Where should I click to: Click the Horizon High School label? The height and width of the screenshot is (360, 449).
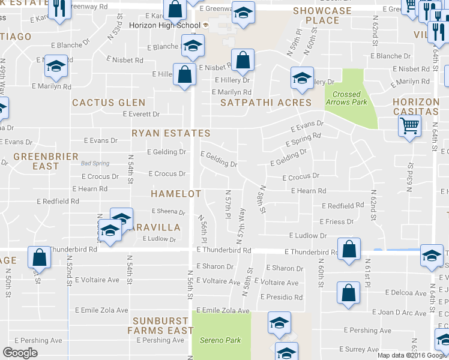[x=164, y=25]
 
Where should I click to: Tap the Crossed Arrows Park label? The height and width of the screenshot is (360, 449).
[x=346, y=98]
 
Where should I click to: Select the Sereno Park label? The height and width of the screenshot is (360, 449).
[x=220, y=340]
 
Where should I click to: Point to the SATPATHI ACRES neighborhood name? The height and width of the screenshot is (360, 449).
[x=266, y=103]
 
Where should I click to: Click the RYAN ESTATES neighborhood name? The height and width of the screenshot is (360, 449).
[x=171, y=133]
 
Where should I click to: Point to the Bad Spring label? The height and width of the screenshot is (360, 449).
[x=94, y=163]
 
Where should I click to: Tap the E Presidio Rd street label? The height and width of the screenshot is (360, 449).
[x=282, y=297]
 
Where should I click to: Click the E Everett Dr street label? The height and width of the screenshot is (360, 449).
[x=141, y=114]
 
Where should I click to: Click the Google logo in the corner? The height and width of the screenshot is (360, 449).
[x=20, y=353]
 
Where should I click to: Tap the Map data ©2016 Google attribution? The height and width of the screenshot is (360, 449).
[x=412, y=355]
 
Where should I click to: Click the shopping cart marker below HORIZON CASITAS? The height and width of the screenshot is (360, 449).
[x=409, y=127]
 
